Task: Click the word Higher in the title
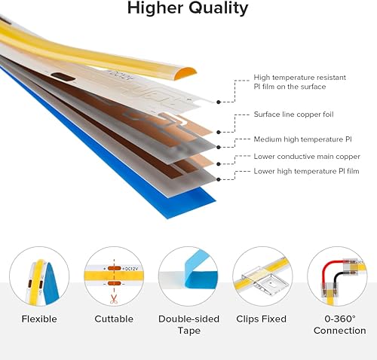point(155,9)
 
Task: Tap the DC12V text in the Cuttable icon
point(129,268)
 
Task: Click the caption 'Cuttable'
point(114,319)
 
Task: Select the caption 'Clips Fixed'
point(261,319)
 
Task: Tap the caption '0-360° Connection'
point(339,325)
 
